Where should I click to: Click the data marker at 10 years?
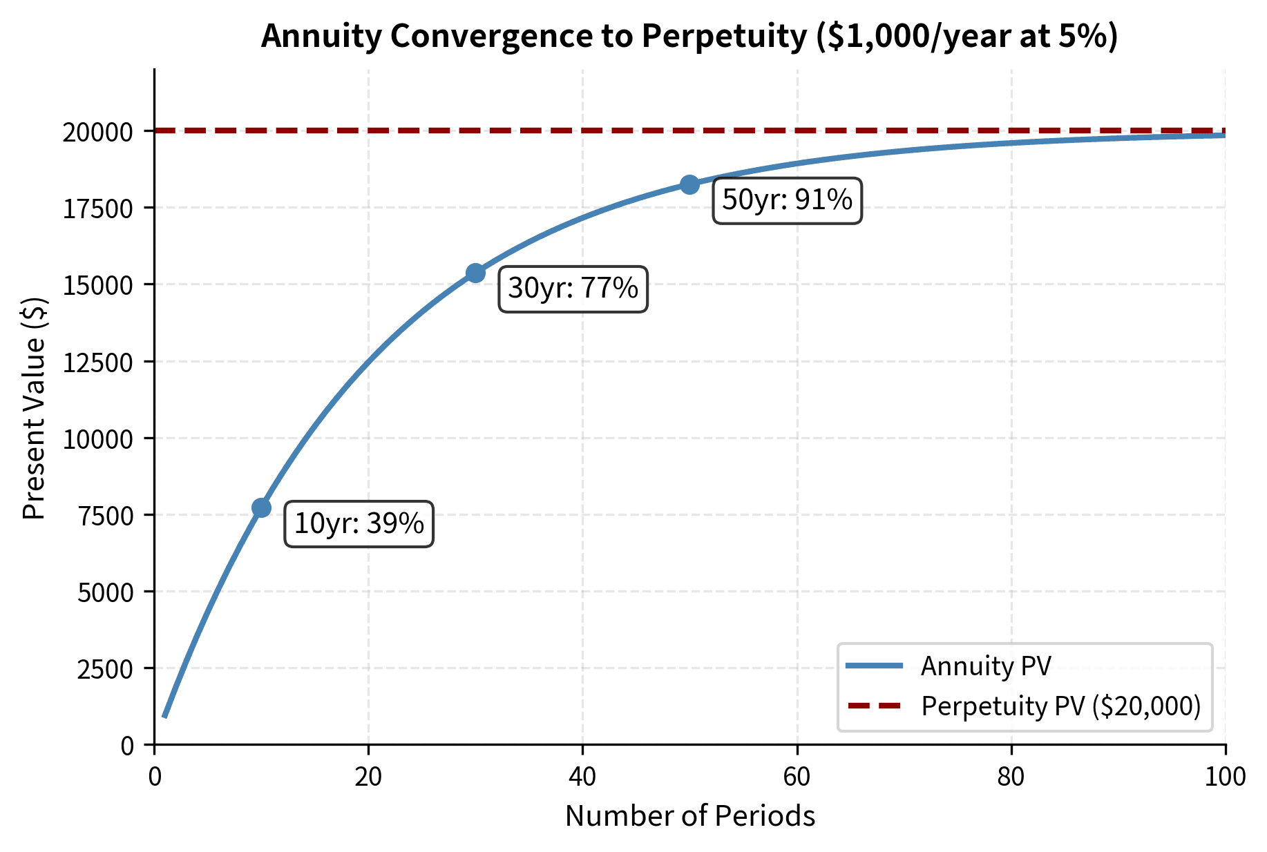(x=261, y=507)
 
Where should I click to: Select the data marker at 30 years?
(x=475, y=273)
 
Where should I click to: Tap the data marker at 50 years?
(x=689, y=184)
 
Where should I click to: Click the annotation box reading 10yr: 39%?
(x=359, y=524)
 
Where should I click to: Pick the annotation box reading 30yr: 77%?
(x=573, y=289)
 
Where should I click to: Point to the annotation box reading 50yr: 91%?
(x=787, y=200)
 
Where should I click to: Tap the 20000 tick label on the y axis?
(x=97, y=132)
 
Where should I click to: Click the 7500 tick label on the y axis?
(x=105, y=516)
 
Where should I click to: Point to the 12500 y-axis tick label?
(x=97, y=362)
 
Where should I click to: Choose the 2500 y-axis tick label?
(x=105, y=669)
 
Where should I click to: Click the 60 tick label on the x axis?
(x=797, y=777)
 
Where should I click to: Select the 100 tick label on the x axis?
(x=1225, y=777)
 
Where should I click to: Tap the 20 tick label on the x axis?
(x=368, y=777)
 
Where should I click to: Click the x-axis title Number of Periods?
(x=689, y=816)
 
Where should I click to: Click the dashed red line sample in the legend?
(x=875, y=706)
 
